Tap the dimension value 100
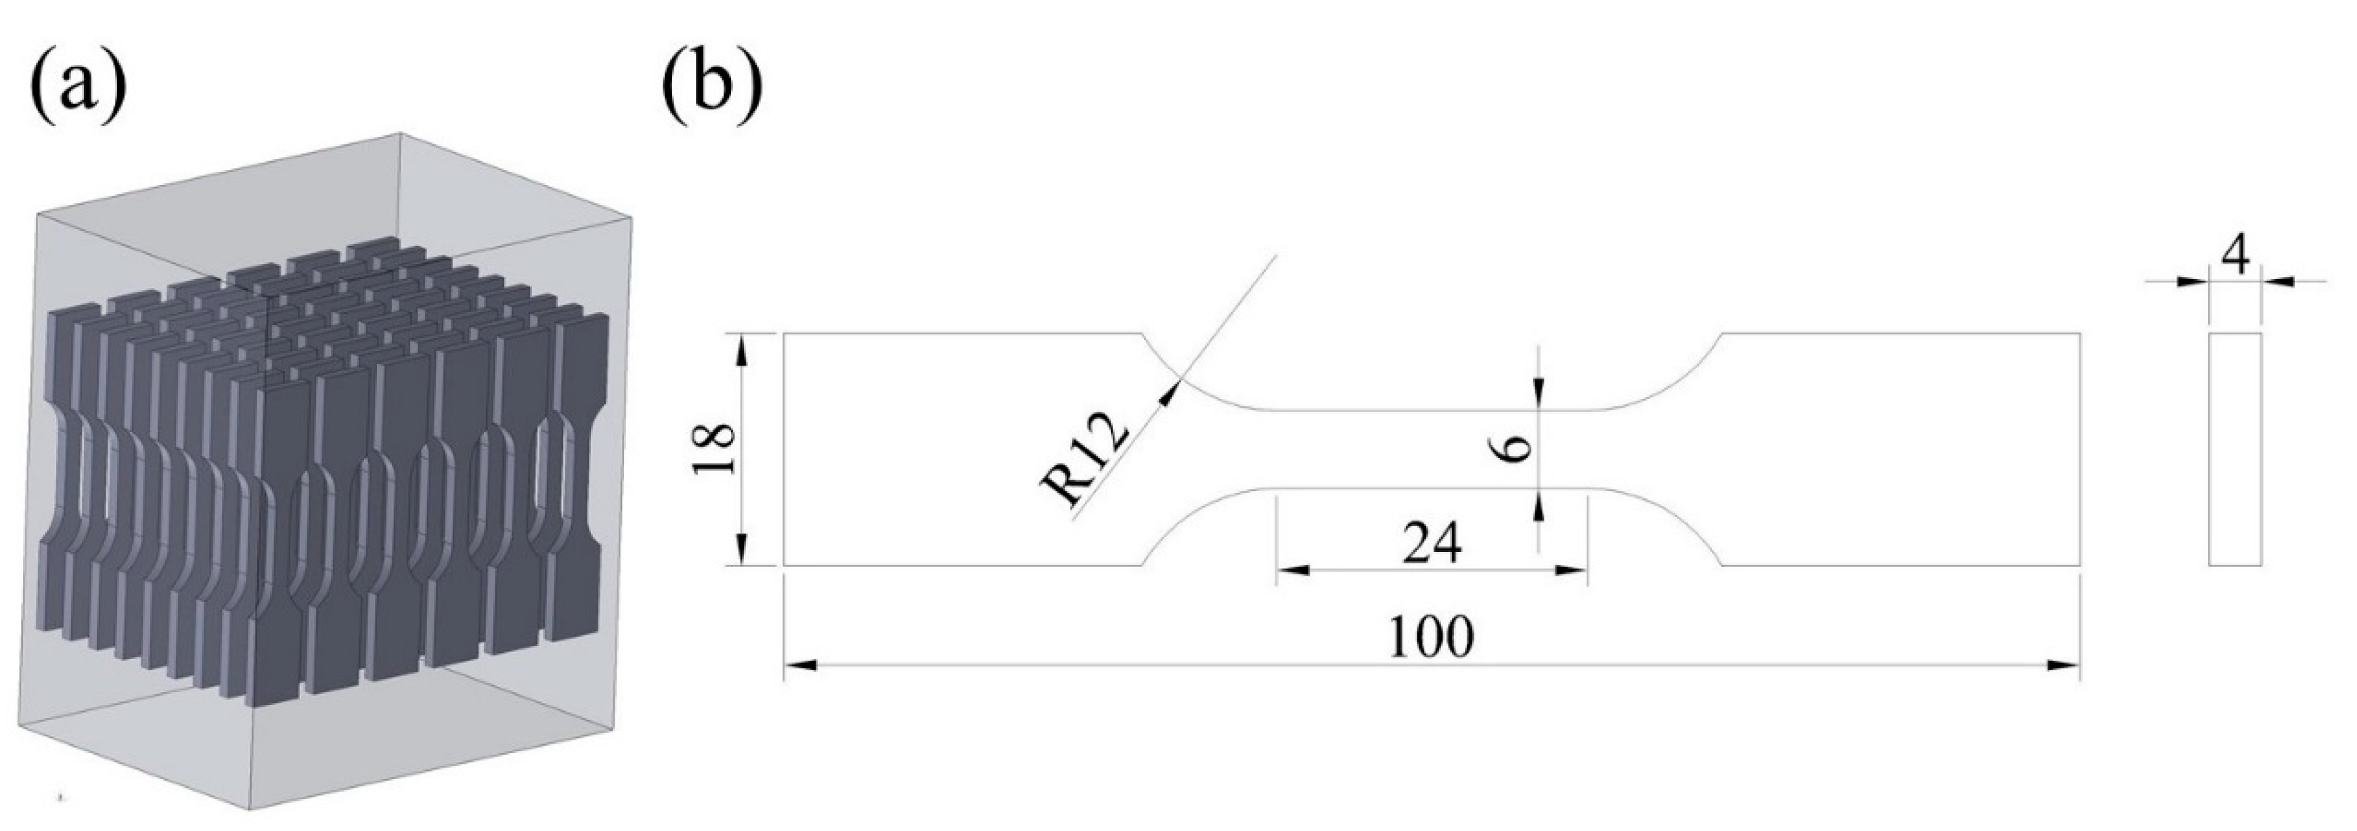point(1432,637)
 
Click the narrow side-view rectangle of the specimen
point(2235,448)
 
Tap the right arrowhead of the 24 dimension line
point(1571,570)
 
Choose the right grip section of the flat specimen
point(1903,448)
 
